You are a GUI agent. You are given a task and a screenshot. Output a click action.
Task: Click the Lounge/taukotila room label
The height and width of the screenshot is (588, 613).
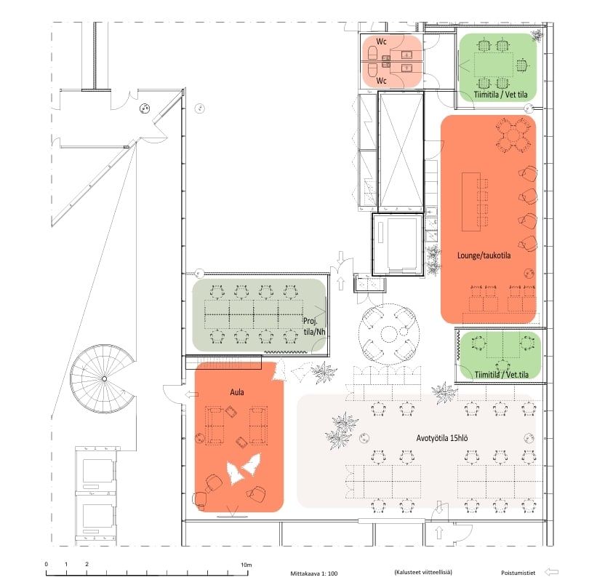point(484,255)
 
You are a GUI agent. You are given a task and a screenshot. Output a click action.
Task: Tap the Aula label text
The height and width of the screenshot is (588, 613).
point(237,392)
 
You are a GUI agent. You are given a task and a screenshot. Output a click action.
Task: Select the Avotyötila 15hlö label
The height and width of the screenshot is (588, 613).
point(442,438)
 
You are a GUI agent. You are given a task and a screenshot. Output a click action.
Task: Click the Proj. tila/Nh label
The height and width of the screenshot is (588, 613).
point(314,326)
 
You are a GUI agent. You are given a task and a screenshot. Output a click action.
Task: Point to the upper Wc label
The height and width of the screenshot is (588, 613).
point(381,41)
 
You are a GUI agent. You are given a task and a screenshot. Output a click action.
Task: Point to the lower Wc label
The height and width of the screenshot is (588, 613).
point(381,81)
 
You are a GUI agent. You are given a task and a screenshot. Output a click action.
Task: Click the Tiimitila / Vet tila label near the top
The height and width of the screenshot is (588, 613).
point(501,95)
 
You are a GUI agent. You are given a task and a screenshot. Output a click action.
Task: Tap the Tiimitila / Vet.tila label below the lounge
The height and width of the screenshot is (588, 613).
point(502,374)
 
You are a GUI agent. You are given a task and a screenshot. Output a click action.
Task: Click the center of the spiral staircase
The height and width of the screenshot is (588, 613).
point(104,378)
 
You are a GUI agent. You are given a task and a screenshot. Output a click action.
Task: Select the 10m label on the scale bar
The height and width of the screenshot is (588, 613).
point(247,565)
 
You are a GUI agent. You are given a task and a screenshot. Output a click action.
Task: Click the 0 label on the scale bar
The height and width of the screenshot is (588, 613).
point(46,564)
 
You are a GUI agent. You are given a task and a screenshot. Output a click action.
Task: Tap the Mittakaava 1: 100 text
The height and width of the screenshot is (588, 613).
point(314,573)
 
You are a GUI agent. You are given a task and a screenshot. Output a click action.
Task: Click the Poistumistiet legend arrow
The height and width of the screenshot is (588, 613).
point(551,572)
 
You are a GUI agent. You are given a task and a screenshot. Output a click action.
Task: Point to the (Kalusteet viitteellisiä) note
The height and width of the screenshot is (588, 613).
point(423,572)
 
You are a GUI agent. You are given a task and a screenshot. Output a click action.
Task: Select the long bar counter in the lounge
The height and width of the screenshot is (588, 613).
point(470,202)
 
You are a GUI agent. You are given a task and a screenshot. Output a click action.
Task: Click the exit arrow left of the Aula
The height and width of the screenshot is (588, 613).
point(191,394)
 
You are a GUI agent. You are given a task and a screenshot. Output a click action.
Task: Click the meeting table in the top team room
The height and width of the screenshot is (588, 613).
point(494,65)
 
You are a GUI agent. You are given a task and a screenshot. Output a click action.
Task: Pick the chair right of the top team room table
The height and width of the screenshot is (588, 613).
point(521,65)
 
